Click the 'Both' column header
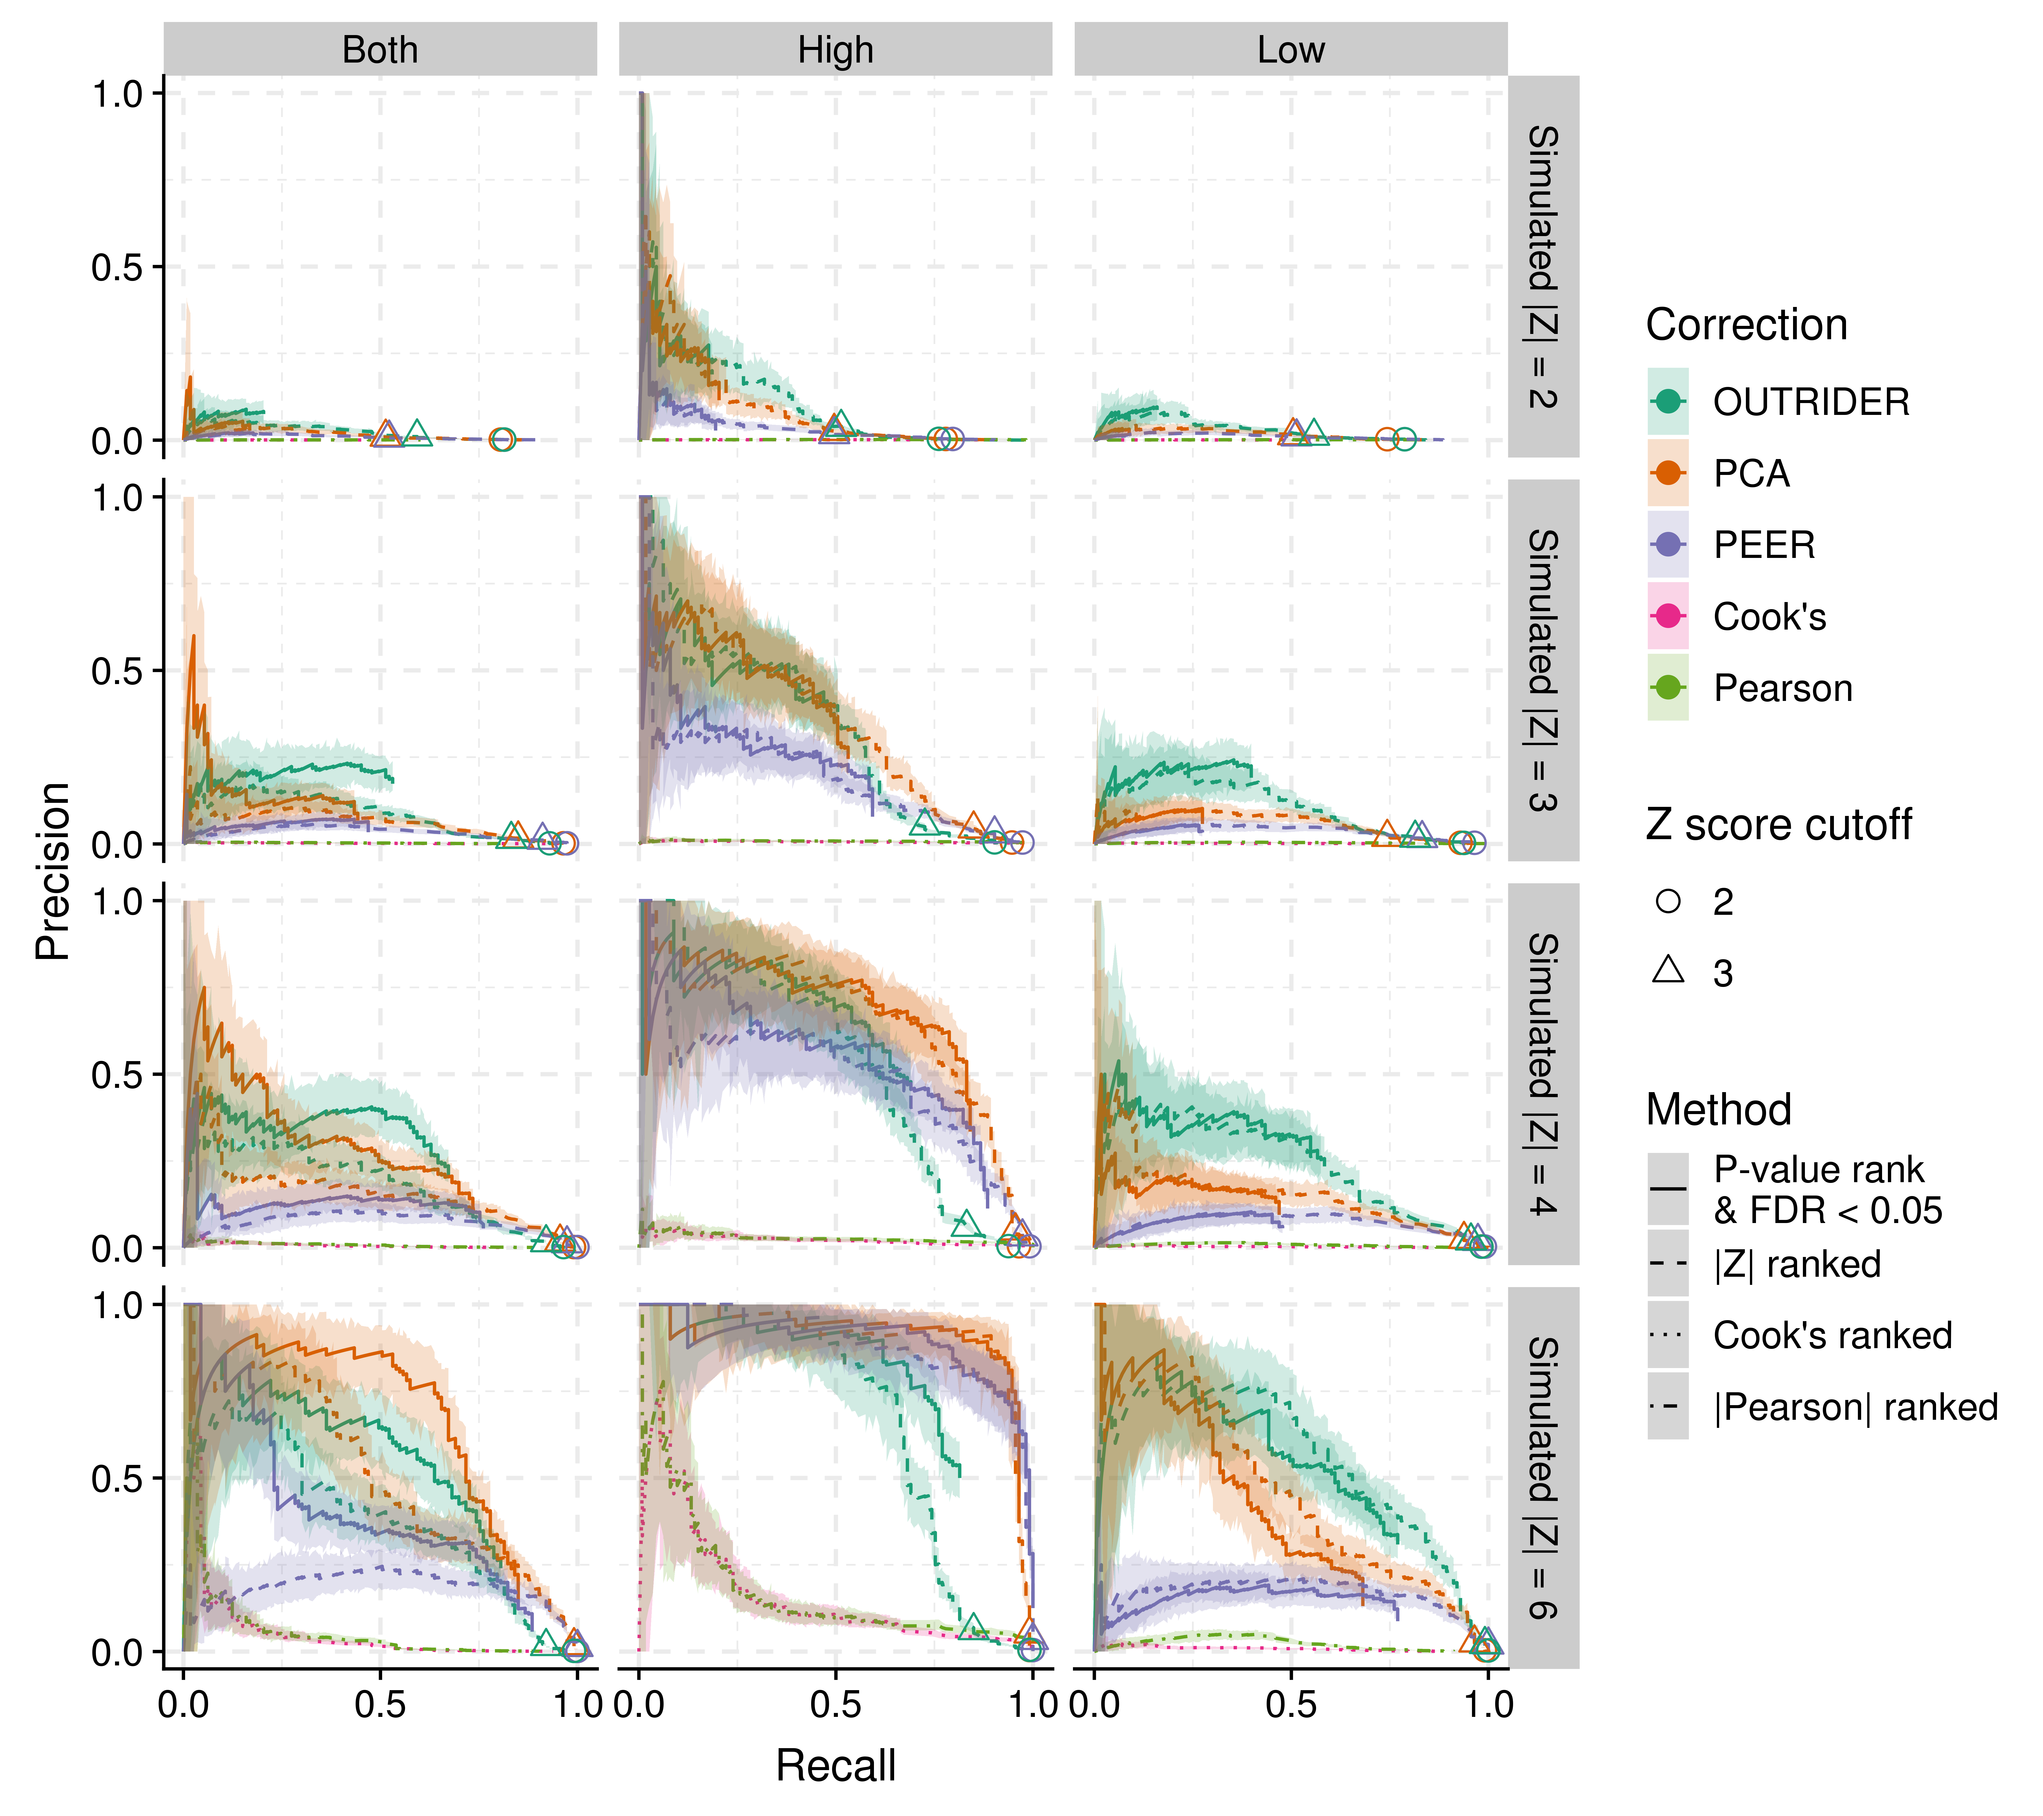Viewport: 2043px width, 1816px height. click(380, 50)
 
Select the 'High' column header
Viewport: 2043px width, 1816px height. click(836, 50)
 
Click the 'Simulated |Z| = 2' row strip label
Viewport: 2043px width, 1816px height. click(1543, 267)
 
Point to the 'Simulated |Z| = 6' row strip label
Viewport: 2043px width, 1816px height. click(1543, 1478)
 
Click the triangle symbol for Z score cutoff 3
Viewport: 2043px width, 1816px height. click(1668, 970)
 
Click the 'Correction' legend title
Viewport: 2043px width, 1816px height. click(1746, 325)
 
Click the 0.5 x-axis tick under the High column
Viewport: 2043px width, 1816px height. click(836, 1704)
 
